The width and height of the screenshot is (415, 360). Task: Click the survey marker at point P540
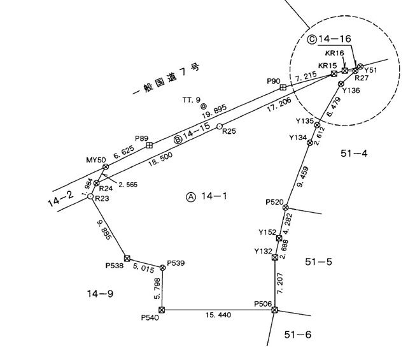(x=162, y=310)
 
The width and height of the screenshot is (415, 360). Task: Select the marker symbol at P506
(x=275, y=310)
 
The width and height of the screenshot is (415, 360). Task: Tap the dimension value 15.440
(x=218, y=315)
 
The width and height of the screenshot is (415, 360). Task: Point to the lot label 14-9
(x=101, y=294)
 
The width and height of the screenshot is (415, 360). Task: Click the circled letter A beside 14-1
(x=191, y=197)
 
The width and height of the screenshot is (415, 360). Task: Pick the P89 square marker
(x=150, y=145)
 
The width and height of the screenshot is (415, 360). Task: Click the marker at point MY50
(x=106, y=167)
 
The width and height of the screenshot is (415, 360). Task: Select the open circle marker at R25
(x=220, y=126)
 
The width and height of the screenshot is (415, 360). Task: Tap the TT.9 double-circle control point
(x=204, y=106)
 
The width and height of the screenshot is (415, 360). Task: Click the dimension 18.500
(x=160, y=159)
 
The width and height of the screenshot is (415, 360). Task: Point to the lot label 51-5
(x=318, y=262)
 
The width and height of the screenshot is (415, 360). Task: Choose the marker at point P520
(x=285, y=208)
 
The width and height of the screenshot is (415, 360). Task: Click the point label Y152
(x=267, y=233)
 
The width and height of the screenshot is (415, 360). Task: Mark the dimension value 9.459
(x=303, y=177)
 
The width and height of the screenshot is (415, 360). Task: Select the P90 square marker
(x=283, y=87)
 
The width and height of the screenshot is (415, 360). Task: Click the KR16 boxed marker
(x=344, y=71)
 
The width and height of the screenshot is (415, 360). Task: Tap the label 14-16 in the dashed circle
(x=335, y=39)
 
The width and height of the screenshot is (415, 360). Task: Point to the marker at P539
(x=163, y=268)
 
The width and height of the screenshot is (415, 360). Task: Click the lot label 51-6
(x=298, y=335)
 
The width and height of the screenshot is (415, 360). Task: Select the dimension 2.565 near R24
(x=128, y=184)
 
